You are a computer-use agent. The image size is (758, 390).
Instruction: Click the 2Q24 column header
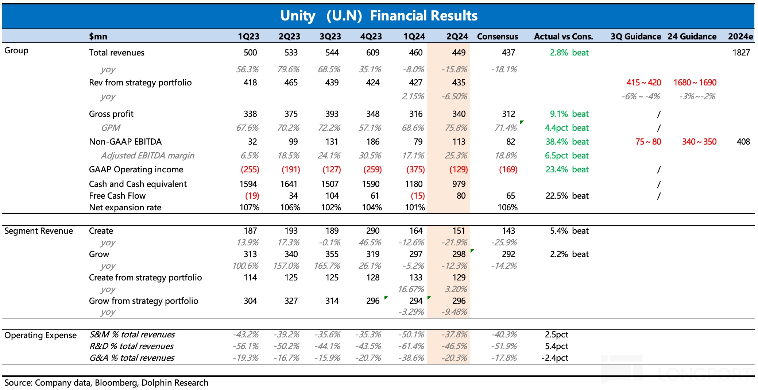[x=457, y=37]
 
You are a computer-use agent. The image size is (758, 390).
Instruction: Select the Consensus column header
[x=497, y=37]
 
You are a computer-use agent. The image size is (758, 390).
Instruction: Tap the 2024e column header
[x=740, y=37]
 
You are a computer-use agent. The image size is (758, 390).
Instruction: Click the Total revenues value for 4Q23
[x=372, y=53]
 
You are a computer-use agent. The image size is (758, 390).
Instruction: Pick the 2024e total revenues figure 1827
[x=741, y=53]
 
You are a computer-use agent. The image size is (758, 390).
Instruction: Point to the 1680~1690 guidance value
[x=695, y=83]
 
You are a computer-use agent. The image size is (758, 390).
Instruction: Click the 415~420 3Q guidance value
[x=643, y=83]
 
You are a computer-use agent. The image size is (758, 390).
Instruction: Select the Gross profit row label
[x=111, y=114]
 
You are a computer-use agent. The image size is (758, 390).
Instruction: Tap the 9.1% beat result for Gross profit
[x=569, y=114]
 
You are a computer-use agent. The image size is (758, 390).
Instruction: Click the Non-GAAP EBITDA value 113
[x=459, y=142]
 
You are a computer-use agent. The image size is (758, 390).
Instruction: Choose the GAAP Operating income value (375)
[x=415, y=169]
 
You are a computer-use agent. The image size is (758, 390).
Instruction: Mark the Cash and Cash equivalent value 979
[x=459, y=184]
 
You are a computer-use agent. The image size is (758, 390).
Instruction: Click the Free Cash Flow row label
[x=117, y=196]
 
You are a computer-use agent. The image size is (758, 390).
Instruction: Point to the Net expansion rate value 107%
[x=249, y=207]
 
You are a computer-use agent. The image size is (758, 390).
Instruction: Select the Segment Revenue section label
[x=39, y=231]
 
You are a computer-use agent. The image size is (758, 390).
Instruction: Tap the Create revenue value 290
[x=372, y=231]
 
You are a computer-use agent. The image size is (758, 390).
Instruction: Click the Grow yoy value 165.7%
[x=327, y=266]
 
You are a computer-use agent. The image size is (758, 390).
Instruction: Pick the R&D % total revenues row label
[x=131, y=346]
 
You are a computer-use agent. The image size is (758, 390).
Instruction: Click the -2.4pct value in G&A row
[x=554, y=358]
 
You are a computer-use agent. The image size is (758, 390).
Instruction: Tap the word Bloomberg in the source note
[x=116, y=383]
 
